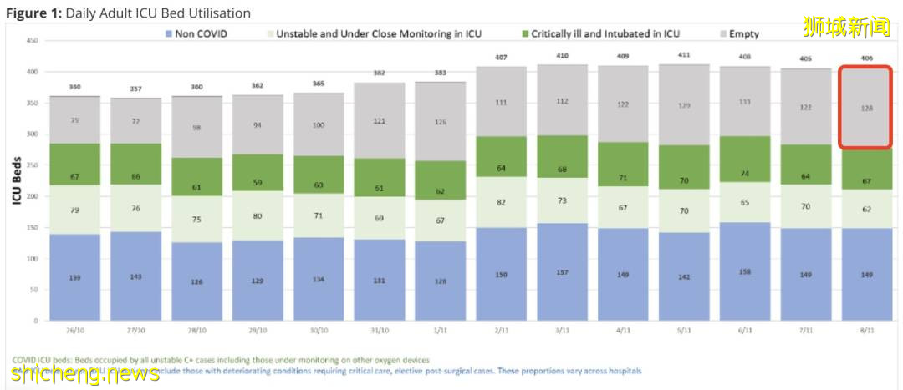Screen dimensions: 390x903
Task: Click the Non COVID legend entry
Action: pos(197,34)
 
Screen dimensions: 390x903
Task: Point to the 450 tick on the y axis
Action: pos(33,41)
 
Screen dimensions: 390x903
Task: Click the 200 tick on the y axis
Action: pos(33,196)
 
